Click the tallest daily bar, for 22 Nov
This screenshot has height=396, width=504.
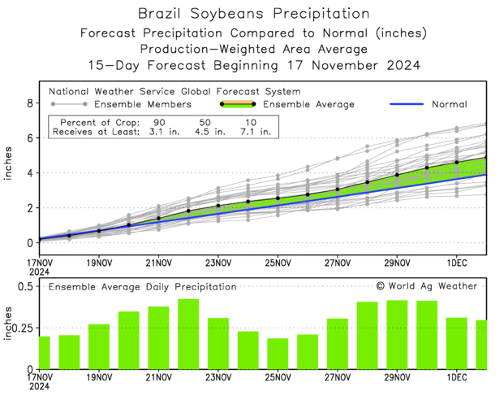click(188, 334)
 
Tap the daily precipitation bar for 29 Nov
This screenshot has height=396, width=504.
click(397, 335)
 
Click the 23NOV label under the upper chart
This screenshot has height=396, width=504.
click(218, 263)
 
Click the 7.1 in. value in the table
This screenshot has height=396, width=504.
click(254, 131)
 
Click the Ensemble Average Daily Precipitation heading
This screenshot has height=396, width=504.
click(142, 287)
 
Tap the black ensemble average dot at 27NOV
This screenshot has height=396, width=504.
click(338, 189)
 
